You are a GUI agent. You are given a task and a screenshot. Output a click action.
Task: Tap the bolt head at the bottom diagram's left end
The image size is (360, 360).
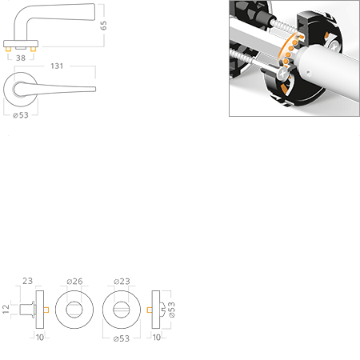(x=26, y=308)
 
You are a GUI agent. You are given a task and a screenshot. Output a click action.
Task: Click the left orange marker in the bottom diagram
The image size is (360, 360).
(x=47, y=308)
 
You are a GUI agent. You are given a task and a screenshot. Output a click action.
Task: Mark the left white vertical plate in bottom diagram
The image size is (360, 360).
(x=38, y=308)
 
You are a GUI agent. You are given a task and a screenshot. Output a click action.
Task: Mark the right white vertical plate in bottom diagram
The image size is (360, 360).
(x=155, y=308)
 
